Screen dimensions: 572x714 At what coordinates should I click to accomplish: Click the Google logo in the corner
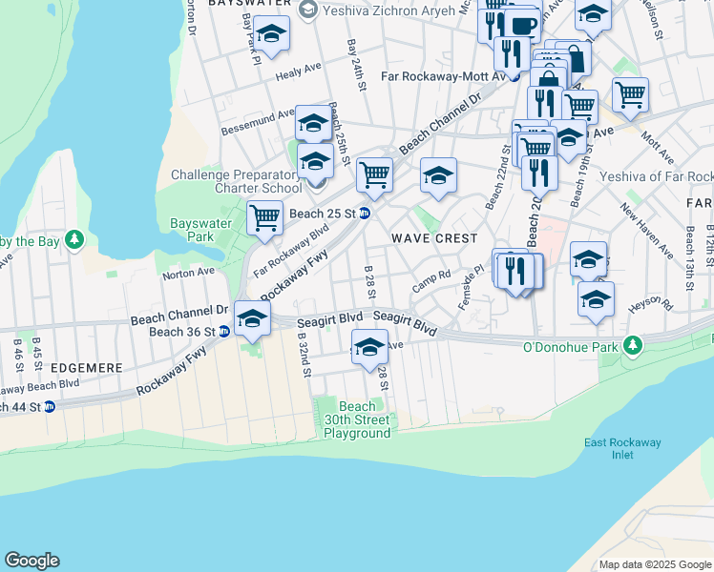(31, 561)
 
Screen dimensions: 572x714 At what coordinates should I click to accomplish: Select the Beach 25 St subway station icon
(365, 213)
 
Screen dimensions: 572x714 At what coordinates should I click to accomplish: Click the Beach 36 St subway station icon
(223, 332)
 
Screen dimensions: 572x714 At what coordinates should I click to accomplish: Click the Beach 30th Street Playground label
(357, 419)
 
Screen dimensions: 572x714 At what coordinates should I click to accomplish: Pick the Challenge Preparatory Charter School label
(237, 181)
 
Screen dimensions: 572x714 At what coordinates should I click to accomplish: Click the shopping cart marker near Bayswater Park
(264, 217)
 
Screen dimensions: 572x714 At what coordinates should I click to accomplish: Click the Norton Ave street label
(188, 273)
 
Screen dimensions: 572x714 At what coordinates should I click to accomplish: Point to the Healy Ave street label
(298, 73)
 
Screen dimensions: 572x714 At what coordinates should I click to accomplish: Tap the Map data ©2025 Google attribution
(655, 564)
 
